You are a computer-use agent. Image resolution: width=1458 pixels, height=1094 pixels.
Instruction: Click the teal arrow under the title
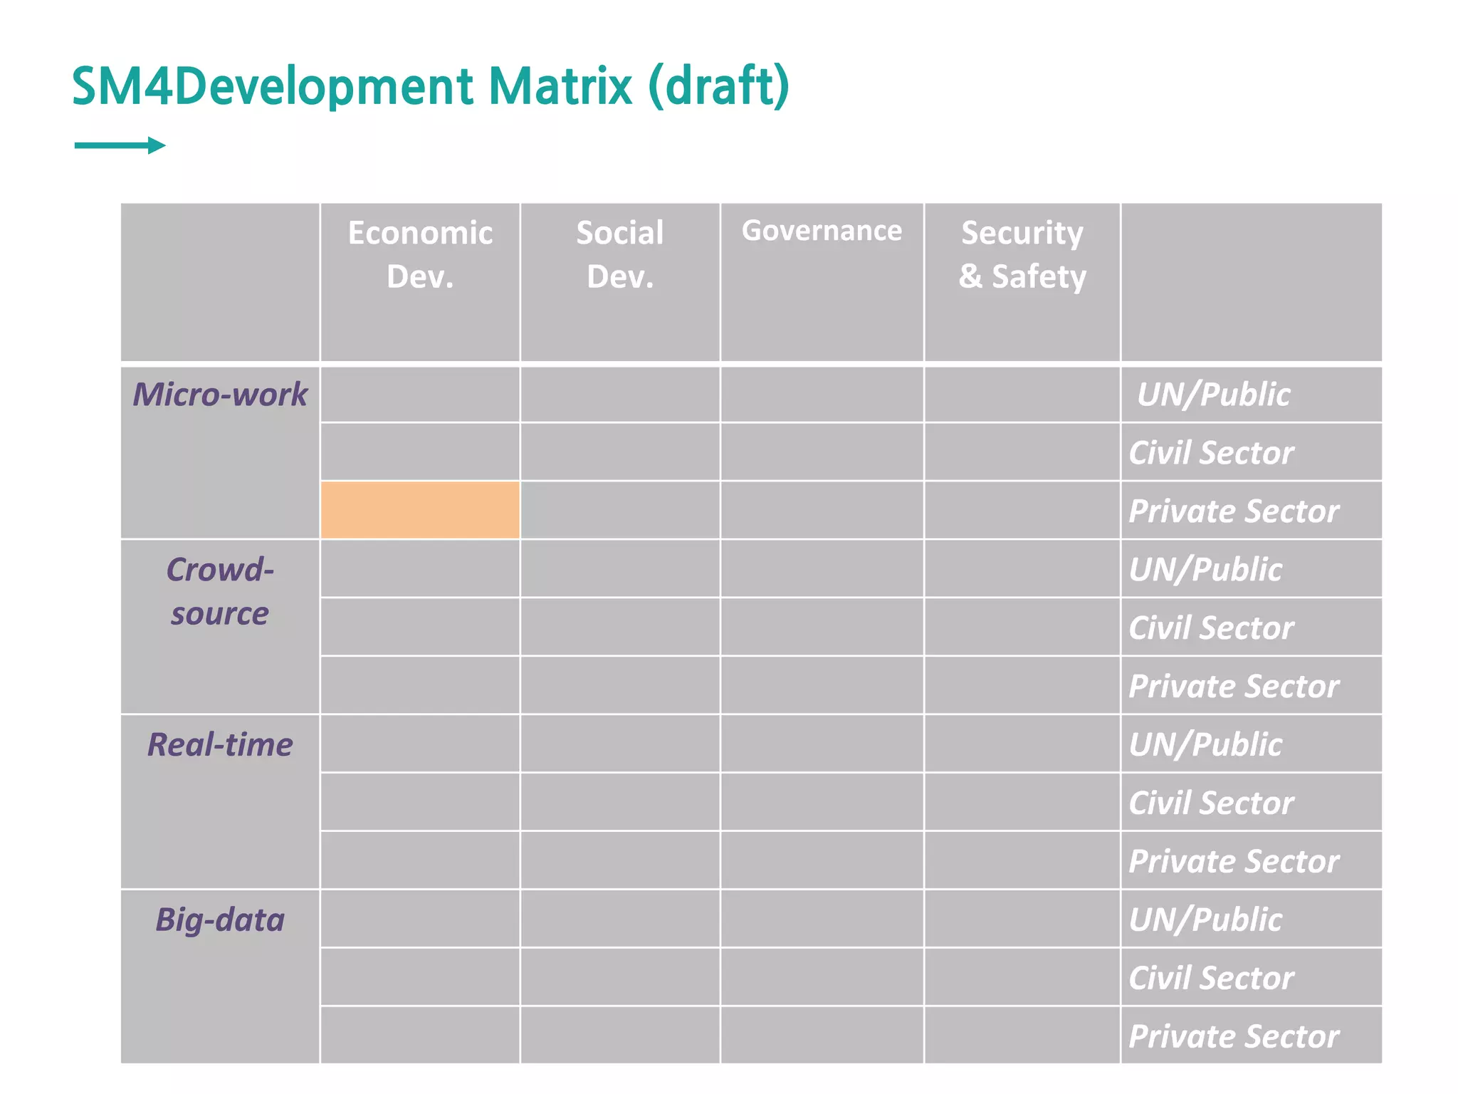[x=120, y=145]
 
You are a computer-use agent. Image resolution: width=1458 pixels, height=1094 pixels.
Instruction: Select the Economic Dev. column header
[x=420, y=254]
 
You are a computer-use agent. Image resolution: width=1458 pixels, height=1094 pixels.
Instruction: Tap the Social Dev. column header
[x=619, y=254]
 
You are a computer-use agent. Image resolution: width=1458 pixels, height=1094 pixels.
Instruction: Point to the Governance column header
[x=822, y=231]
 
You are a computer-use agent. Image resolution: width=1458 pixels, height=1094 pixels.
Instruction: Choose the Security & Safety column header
[x=1022, y=254]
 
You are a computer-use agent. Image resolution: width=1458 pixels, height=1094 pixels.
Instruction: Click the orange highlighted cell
[x=420, y=510]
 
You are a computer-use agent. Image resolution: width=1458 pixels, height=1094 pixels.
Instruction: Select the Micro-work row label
[x=220, y=395]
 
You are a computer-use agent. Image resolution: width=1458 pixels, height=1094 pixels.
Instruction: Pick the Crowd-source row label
[x=220, y=591]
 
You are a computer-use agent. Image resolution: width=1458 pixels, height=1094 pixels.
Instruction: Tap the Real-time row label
[x=220, y=745]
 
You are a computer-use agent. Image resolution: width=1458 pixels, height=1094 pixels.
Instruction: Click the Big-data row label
[x=220, y=920]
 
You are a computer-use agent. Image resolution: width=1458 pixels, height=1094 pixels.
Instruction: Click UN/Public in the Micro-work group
[x=1213, y=395]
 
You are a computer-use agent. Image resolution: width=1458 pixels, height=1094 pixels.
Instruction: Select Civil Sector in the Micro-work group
[x=1211, y=453]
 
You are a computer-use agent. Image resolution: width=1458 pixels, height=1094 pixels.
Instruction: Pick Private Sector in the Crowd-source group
[x=1234, y=687]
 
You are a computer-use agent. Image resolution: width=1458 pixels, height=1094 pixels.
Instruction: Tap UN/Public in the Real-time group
[x=1205, y=745]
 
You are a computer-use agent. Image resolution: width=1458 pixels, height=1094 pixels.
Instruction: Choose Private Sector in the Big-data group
[x=1234, y=1036]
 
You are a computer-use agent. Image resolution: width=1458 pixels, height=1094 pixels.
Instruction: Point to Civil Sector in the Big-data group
[x=1211, y=978]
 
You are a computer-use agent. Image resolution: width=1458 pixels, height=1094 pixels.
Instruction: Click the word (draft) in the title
[x=719, y=86]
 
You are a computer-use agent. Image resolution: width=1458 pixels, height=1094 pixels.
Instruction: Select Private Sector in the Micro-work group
[x=1234, y=511]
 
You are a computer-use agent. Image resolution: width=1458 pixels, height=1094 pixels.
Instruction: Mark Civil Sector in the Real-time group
[x=1211, y=803]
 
